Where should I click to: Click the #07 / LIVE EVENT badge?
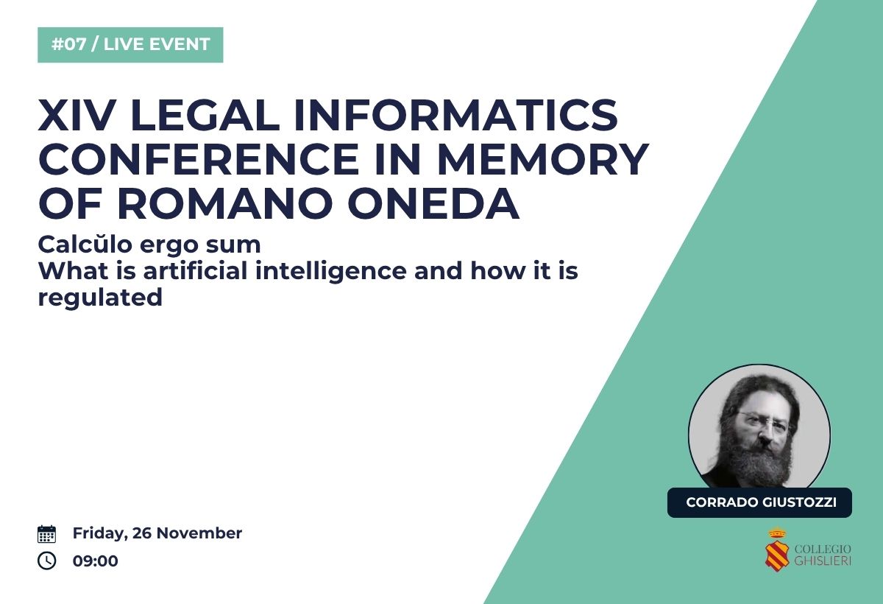pos(130,45)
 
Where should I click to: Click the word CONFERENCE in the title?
pos(199,159)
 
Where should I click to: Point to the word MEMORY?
pos(543,159)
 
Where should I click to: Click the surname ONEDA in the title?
pos(433,203)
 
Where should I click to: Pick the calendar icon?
pos(46,534)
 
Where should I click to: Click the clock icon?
pos(46,561)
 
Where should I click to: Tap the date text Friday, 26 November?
pos(157,533)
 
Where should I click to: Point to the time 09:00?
pos(96,561)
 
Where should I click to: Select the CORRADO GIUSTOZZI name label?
pos(759,502)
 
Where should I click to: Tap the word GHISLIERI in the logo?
pos(823,561)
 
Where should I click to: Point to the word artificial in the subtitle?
pos(195,271)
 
